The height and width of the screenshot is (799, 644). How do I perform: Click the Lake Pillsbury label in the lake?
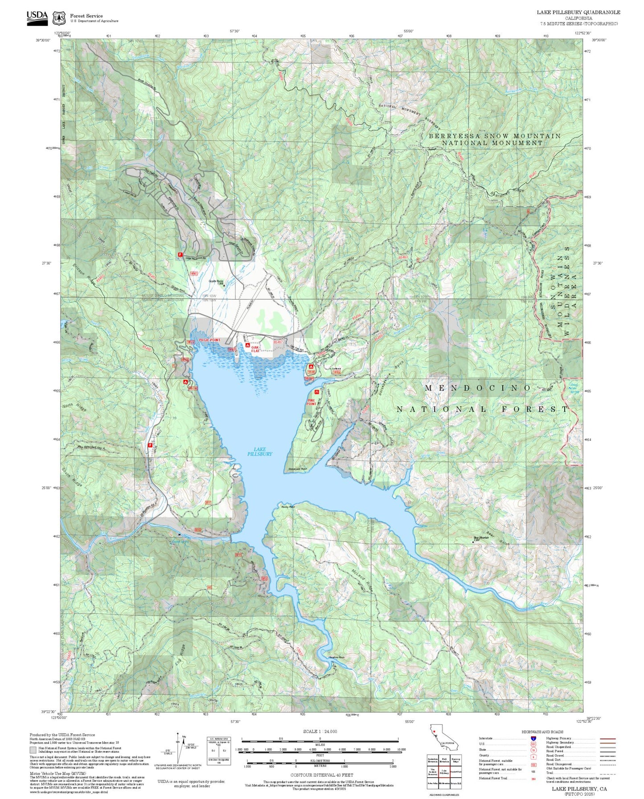pos(259,452)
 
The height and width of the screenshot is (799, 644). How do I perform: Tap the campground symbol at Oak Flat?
pos(247,345)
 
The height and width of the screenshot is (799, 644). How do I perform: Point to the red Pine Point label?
pos(311,402)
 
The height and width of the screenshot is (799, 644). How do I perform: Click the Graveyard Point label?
pos(295,469)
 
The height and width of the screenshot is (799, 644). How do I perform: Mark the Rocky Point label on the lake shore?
pos(288,506)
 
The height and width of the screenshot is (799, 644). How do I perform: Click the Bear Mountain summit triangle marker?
pos(473,542)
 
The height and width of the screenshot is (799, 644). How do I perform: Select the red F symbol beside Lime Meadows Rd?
pos(180,254)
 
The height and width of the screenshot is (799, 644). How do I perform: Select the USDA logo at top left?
pos(37,17)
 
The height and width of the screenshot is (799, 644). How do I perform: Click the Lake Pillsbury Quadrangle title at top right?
pos(578,12)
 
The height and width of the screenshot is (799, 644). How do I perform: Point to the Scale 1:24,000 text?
pos(320,731)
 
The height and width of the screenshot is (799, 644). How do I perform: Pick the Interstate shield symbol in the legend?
pos(533,738)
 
